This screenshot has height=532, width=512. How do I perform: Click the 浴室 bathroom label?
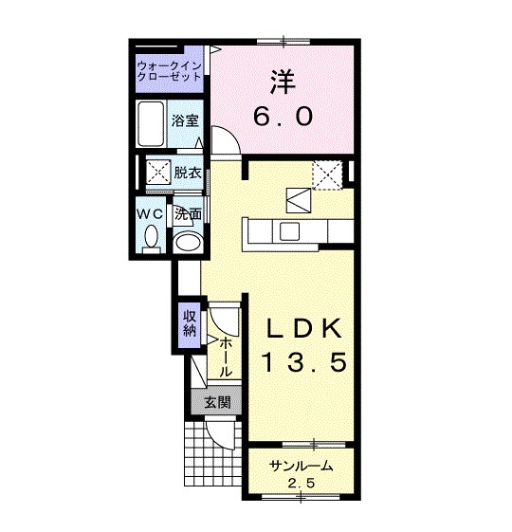pos(185,120)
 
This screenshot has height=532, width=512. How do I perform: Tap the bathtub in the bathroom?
pos(151,123)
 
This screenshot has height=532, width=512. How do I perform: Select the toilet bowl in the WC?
pos(151,238)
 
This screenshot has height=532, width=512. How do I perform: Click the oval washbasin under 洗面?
pos(188,242)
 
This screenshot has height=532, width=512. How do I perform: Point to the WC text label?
pos(150,214)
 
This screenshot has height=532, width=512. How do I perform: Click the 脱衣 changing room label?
pos(188,174)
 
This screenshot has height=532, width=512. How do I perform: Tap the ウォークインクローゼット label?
pos(169,71)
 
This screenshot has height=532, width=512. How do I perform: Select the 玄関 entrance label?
pos(217,402)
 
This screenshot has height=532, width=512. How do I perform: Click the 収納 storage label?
pos(190,323)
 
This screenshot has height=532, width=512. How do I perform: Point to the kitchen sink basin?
pos(290,230)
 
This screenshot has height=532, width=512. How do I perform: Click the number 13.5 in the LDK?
pos(304,362)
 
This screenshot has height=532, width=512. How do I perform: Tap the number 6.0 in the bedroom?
pos(283,116)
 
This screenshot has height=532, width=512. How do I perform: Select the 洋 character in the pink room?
pos(283,83)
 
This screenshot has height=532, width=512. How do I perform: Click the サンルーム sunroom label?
pos(301,467)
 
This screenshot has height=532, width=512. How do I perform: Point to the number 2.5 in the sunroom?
pos(302,483)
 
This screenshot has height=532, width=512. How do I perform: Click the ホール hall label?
pos(226,358)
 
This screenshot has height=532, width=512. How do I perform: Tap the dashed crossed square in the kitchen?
pos(327,175)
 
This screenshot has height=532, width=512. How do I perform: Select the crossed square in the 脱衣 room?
pos(158,172)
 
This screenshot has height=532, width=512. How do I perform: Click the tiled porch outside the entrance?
pos(212,454)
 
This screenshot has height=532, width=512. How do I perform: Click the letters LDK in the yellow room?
pos(304,328)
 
